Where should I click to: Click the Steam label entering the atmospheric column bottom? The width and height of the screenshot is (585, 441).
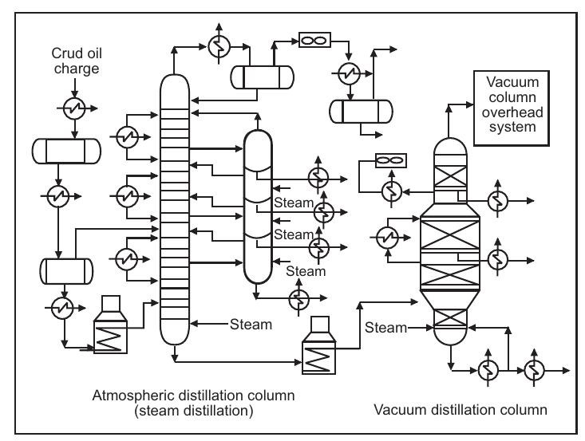tap(251, 325)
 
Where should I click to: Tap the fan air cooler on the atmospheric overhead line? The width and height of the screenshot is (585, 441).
tap(311, 39)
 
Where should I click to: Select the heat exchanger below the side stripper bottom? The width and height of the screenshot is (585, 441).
tap(298, 297)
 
